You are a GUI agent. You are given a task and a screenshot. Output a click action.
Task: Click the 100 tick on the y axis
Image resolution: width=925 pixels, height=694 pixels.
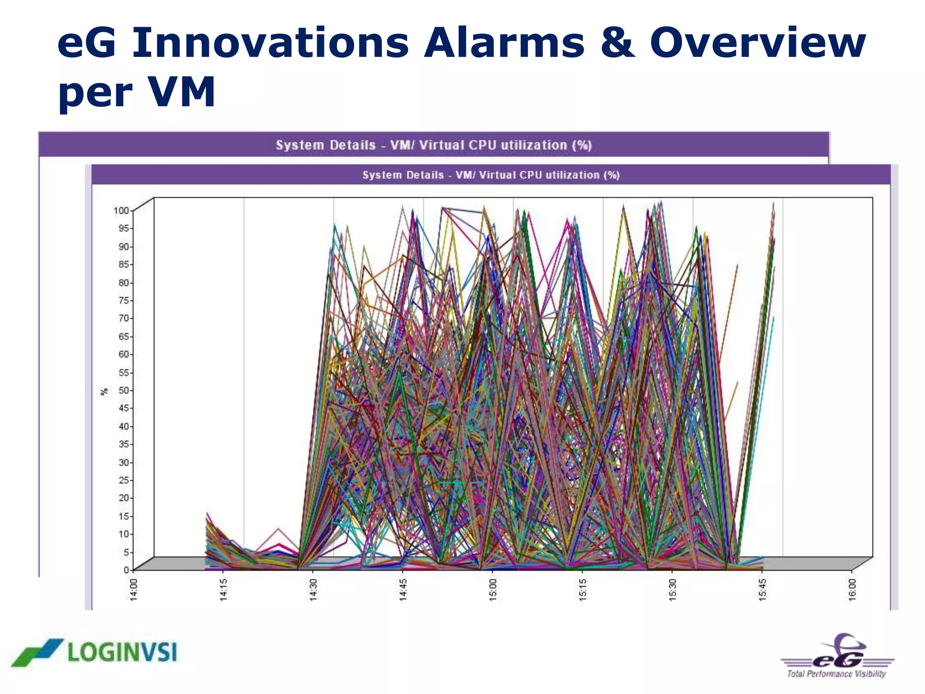point(121,211)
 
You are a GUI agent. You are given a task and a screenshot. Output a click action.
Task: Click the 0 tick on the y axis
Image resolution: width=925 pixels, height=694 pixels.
point(126,570)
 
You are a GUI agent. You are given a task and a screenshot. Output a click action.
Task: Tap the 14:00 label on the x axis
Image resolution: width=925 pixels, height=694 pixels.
point(134,590)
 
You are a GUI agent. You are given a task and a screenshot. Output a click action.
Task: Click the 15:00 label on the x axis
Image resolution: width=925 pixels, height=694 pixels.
point(493,590)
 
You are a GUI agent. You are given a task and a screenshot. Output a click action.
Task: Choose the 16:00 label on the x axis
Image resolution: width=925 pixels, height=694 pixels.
point(852,590)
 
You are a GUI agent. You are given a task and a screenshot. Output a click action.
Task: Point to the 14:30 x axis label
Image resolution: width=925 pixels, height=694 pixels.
point(313,590)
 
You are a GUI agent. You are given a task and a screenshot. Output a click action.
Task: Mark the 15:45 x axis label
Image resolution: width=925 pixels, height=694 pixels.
point(762,590)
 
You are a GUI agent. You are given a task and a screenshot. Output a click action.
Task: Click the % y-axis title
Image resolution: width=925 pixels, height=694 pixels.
point(104,391)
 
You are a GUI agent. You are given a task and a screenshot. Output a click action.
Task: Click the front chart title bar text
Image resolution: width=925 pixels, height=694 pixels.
point(491,175)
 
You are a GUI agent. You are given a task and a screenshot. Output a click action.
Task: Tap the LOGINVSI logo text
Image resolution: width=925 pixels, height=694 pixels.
point(122,652)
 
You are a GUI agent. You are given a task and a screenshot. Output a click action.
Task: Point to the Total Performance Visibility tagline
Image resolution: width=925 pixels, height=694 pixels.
point(836,674)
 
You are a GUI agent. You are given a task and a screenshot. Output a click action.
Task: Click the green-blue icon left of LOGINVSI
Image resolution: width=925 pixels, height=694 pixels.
point(37,652)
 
